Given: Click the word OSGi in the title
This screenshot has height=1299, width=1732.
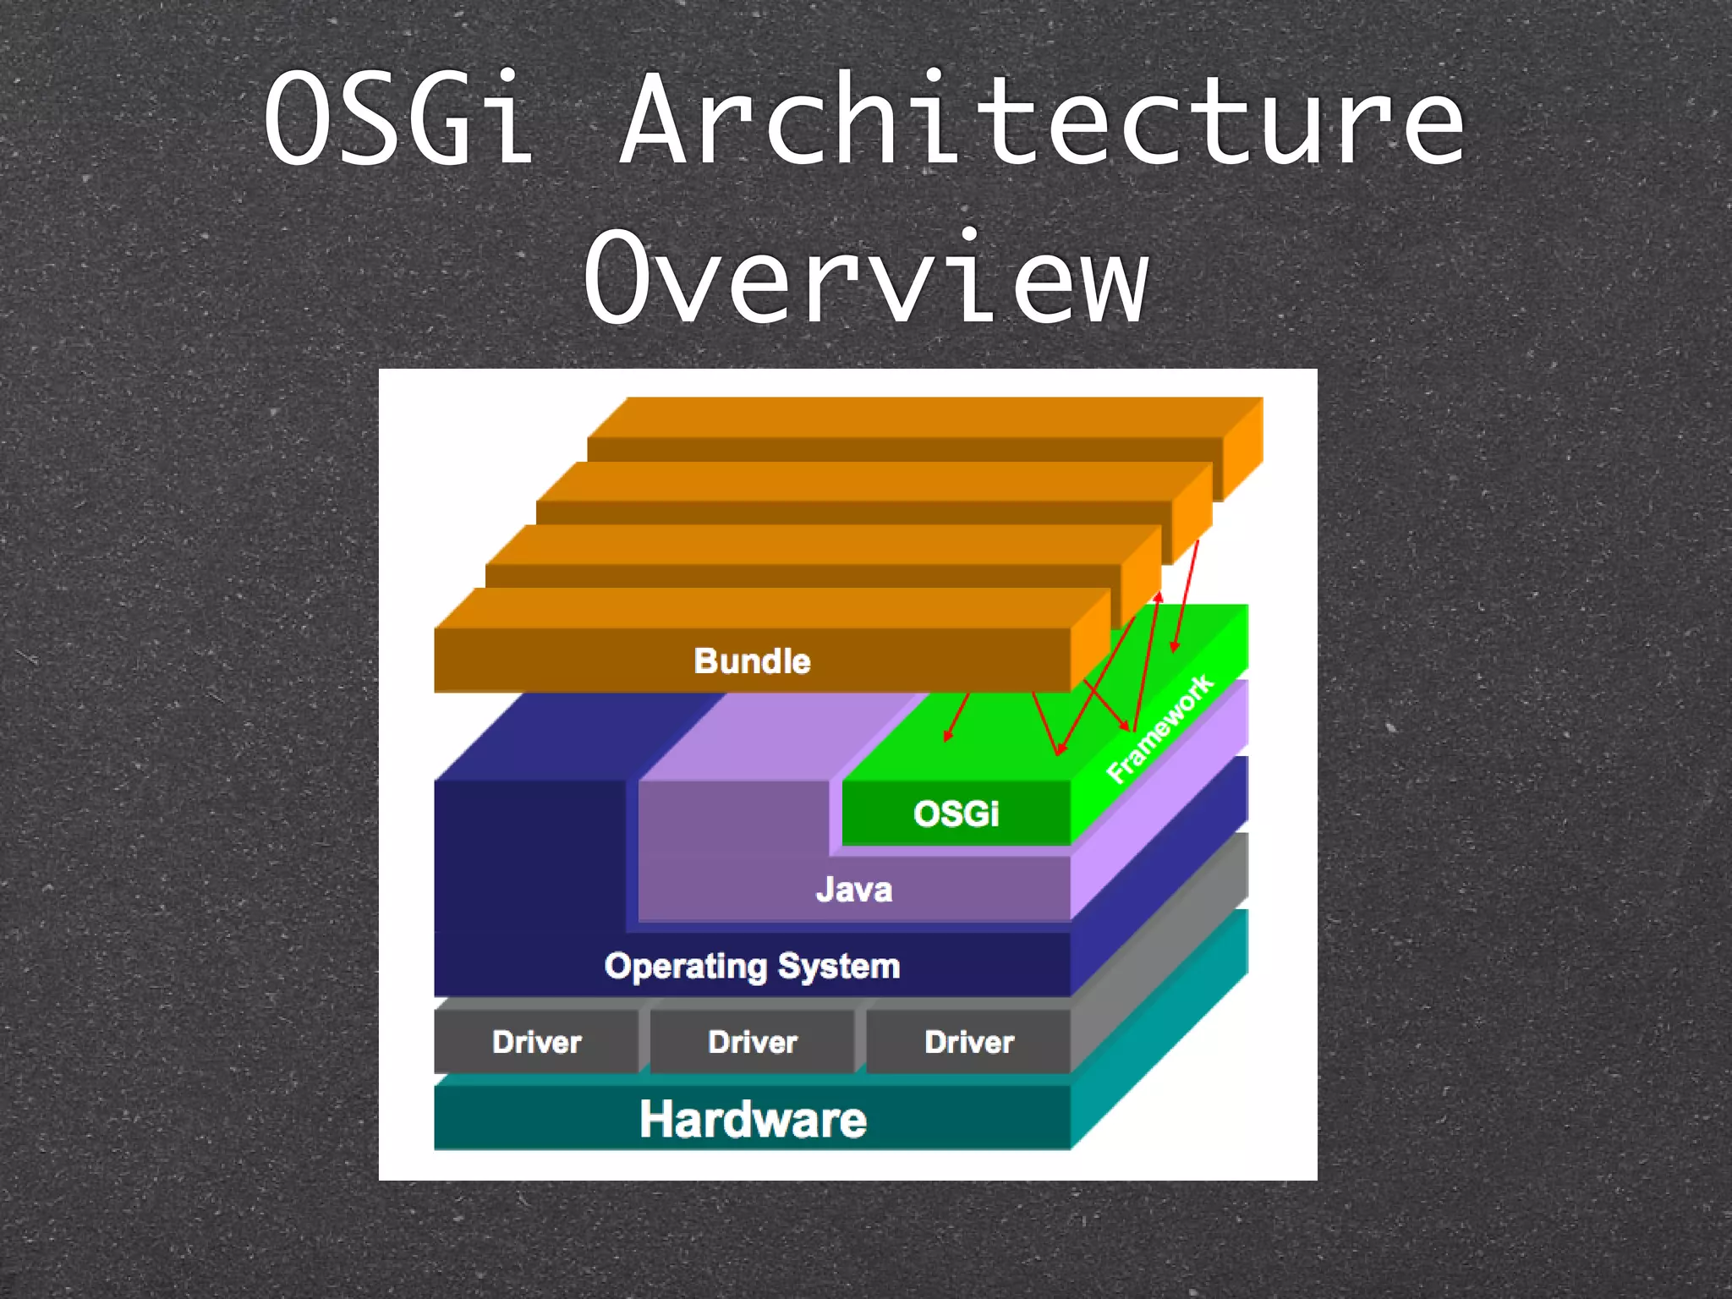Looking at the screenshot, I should pyautogui.click(x=397, y=118).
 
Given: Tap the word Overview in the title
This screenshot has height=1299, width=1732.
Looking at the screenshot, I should pyautogui.click(x=866, y=277).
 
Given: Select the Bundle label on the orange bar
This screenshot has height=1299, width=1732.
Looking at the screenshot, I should pyautogui.click(x=752, y=660).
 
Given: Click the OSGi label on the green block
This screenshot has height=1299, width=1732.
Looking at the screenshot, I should pyautogui.click(x=956, y=814).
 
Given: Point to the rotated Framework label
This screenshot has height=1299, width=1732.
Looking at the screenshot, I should pyautogui.click(x=1160, y=729).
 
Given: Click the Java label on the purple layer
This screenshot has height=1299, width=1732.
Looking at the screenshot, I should pyautogui.click(x=854, y=890).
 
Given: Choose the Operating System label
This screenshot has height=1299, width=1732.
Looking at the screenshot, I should pyautogui.click(x=752, y=966).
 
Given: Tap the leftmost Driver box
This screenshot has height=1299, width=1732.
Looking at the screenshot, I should pyautogui.click(x=536, y=1042).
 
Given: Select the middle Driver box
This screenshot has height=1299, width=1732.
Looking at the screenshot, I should pyautogui.click(x=752, y=1042).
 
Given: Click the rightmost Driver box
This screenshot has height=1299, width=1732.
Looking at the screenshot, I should pyautogui.click(x=968, y=1042).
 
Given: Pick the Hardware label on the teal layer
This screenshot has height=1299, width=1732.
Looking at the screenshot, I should pyautogui.click(x=752, y=1119).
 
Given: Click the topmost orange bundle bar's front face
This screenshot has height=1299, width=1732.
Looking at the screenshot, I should pyautogui.click(x=905, y=449).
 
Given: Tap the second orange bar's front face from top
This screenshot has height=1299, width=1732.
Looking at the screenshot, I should pyautogui.click(x=854, y=512).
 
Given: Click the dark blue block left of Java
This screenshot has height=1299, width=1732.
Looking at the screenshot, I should pyautogui.click(x=529, y=854).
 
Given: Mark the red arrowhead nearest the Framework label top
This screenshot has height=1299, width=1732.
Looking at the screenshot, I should pyautogui.click(x=1174, y=648).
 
